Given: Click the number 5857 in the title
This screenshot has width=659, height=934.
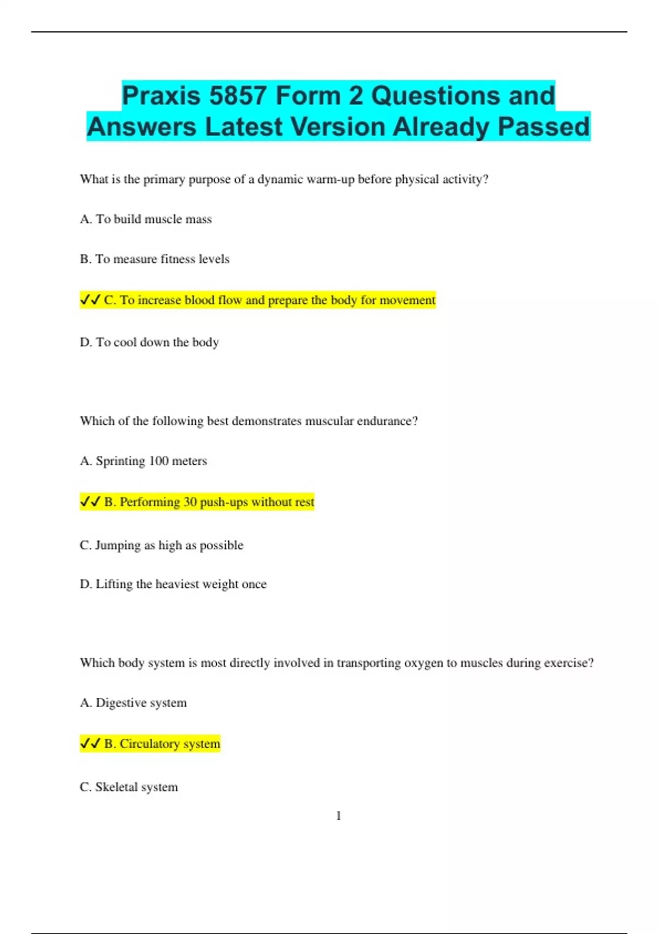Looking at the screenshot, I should tap(238, 96).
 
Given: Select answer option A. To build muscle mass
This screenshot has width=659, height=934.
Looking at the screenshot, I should tap(146, 219).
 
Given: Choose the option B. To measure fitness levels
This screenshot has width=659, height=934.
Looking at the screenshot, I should tap(154, 259).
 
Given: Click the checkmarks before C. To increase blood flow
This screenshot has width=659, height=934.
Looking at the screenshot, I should tap(90, 300).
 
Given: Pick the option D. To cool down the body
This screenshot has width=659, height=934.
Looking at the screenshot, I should tap(149, 342).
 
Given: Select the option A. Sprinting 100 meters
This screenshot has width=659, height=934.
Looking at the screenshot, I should tap(143, 461).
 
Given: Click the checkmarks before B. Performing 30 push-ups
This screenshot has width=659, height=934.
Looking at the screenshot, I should tap(90, 502).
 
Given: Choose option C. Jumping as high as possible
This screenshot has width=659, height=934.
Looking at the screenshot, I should tap(161, 545).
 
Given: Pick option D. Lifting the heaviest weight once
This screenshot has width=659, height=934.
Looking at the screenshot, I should tap(173, 584).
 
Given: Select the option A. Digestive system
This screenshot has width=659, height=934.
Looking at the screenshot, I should tap(133, 703).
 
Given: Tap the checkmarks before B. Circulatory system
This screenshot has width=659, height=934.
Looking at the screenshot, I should tap(90, 743).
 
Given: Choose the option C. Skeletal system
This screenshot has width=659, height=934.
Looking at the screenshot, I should tap(129, 787).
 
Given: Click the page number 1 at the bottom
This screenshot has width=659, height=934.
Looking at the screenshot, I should tap(338, 816).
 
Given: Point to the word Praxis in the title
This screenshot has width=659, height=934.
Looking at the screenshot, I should tap(161, 96).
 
